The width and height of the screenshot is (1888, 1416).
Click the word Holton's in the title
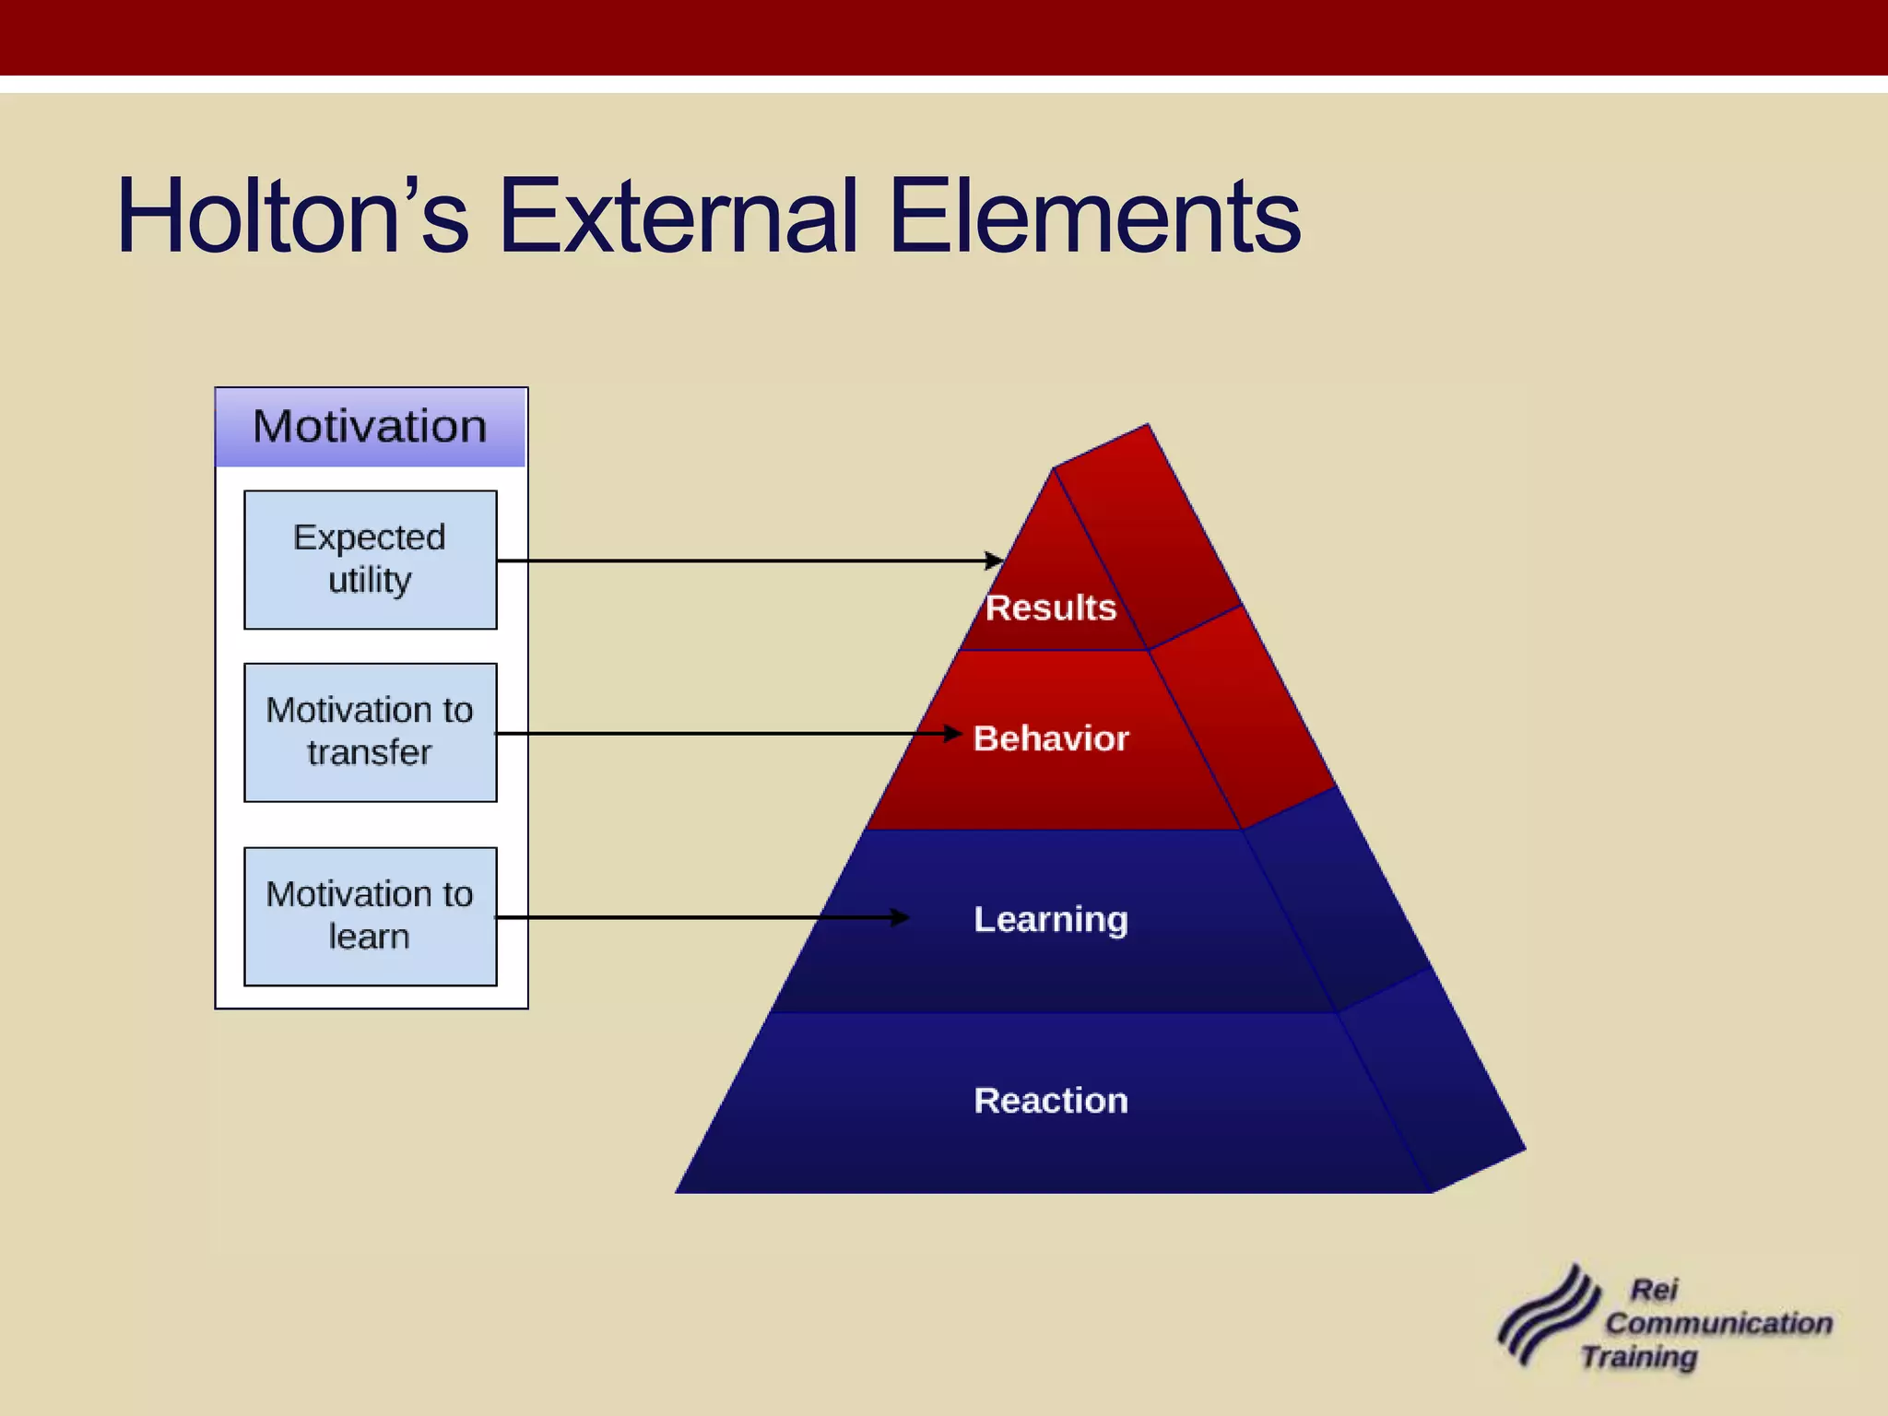click(x=292, y=217)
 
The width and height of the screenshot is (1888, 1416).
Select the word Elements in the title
click(x=1094, y=217)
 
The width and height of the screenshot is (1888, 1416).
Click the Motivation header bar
click(x=370, y=427)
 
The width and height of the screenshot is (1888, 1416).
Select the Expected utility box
click(x=370, y=560)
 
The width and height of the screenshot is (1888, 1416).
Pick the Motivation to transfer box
click(x=370, y=732)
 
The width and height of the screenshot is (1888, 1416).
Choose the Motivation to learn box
click(x=370, y=916)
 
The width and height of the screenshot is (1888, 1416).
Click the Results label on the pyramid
click(x=1050, y=608)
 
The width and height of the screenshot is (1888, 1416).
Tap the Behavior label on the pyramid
click(x=1051, y=738)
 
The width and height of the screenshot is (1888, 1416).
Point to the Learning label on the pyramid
click(x=1051, y=919)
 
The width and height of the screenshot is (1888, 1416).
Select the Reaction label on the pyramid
click(x=1051, y=1101)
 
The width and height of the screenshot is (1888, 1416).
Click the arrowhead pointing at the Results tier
click(x=995, y=560)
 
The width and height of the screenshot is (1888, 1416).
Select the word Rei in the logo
click(x=1654, y=1290)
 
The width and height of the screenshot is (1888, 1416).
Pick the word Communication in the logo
click(x=1718, y=1323)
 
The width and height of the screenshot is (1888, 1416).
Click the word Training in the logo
click(x=1638, y=1357)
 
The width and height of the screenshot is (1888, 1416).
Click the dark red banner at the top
click(x=944, y=37)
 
